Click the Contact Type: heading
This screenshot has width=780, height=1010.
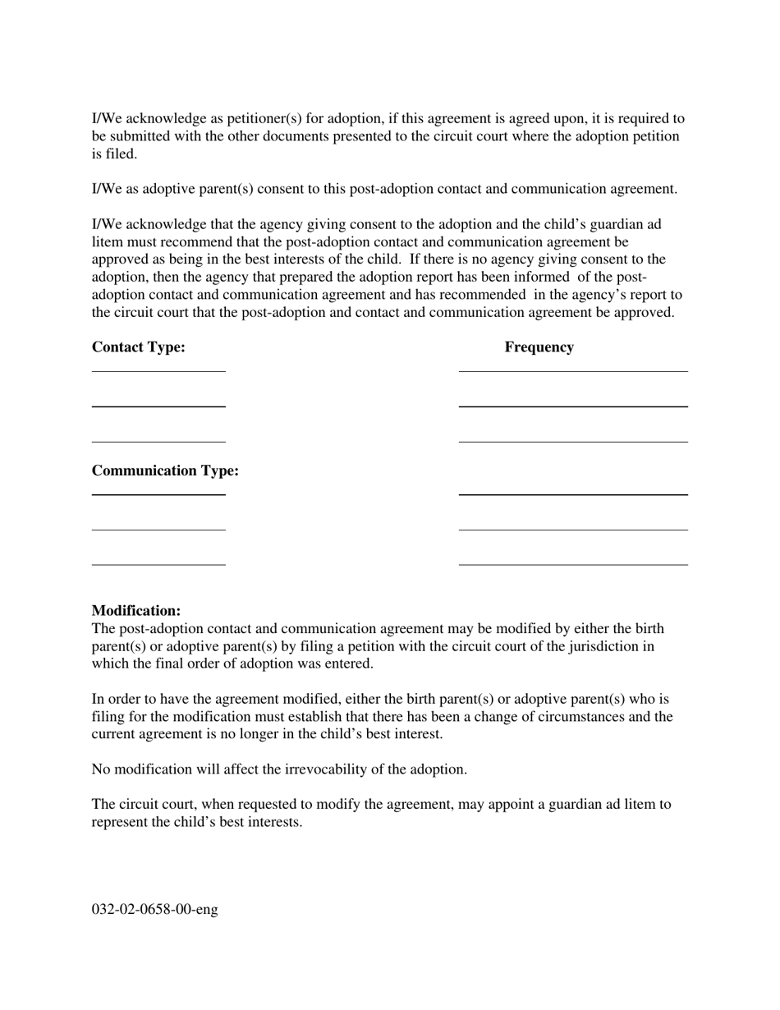138,347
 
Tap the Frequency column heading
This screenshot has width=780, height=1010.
539,347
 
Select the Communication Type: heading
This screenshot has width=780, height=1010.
165,471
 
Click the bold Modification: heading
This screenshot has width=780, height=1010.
135,611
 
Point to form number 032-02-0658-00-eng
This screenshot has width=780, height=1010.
154,910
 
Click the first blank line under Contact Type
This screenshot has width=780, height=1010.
158,371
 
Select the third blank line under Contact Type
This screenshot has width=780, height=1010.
158,442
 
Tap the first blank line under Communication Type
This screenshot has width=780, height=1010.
158,495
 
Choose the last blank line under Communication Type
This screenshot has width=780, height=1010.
158,565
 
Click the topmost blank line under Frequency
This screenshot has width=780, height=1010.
573,371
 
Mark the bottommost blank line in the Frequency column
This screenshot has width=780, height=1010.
573,565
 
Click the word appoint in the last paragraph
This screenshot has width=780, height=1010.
511,805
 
